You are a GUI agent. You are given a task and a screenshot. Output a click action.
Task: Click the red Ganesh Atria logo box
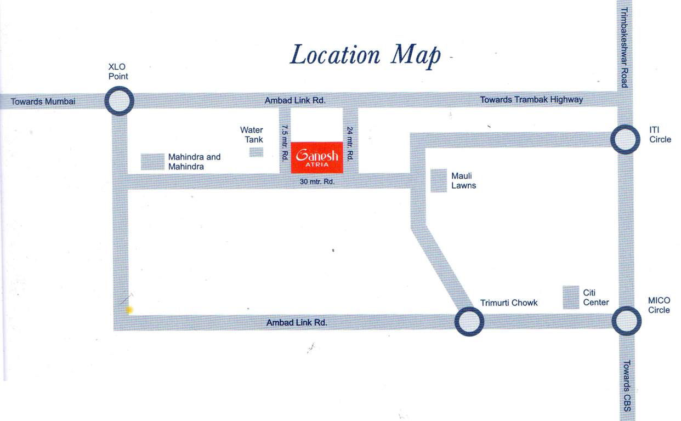(x=317, y=157)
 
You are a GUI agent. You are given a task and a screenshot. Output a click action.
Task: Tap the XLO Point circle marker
(x=119, y=101)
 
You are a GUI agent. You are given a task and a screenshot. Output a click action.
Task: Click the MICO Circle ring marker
(x=626, y=321)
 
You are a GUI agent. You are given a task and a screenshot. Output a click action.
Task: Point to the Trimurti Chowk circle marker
(x=469, y=321)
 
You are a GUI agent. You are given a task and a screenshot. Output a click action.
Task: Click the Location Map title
(x=365, y=55)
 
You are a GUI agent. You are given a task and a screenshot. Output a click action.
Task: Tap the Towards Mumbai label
(x=43, y=101)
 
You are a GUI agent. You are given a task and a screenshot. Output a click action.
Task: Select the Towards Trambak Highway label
(x=531, y=100)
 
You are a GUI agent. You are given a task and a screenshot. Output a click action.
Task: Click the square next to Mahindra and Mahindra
(x=153, y=162)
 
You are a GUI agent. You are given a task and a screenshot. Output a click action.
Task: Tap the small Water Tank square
(x=257, y=152)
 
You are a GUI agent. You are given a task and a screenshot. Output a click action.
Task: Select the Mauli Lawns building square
(x=439, y=180)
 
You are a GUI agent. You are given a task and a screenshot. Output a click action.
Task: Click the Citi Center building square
(x=571, y=297)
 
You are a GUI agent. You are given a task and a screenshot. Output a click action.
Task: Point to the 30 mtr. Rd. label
(x=317, y=181)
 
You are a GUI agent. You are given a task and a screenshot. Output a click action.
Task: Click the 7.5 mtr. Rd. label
(x=285, y=142)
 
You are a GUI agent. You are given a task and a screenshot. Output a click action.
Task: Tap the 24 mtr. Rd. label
(x=349, y=142)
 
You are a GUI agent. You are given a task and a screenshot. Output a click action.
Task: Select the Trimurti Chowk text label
(x=509, y=303)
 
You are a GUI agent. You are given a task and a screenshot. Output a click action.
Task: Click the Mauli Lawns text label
(x=463, y=181)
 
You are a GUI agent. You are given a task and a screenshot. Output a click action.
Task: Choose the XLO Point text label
(x=118, y=71)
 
